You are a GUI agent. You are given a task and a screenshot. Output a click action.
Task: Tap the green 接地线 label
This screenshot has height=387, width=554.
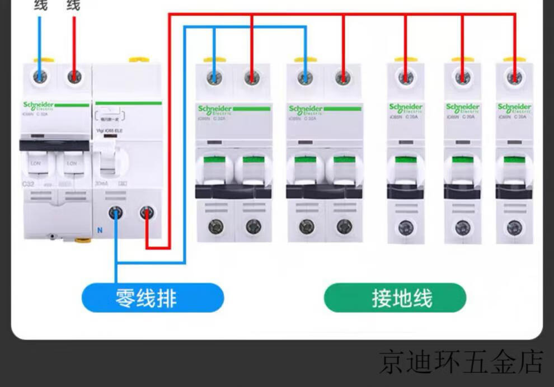tap(395, 298)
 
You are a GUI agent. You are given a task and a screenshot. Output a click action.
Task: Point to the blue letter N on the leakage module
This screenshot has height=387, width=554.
tap(100, 230)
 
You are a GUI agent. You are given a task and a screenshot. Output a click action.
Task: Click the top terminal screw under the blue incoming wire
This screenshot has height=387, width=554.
tap(40, 77)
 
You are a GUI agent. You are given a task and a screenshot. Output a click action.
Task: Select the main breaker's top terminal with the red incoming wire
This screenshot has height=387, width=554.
tap(74, 77)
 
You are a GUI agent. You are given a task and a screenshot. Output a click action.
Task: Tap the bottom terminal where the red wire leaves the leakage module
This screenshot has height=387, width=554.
tap(147, 212)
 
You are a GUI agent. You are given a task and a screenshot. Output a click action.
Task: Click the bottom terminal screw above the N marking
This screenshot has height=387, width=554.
tap(116, 212)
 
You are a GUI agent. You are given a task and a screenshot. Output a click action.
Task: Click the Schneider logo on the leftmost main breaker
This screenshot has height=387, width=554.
tap(39, 105)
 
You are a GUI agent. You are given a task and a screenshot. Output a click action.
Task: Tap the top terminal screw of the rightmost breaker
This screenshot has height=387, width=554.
tap(514, 77)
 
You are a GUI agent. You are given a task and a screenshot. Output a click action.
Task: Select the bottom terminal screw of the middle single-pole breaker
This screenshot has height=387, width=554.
tap(462, 228)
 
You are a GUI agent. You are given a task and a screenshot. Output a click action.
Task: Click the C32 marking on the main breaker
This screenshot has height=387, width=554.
tap(29, 183)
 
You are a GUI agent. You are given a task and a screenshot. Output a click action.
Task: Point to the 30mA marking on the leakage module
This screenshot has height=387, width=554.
tap(101, 183)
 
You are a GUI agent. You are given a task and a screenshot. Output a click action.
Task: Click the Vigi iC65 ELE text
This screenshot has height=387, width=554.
tap(110, 131)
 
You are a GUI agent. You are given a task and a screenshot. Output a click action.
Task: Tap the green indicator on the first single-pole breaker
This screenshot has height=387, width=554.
tap(406, 159)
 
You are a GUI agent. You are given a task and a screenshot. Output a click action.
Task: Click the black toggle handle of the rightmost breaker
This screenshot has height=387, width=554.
tap(514, 192)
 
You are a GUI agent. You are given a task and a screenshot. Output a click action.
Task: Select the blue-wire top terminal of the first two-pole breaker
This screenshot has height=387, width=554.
tap(214, 78)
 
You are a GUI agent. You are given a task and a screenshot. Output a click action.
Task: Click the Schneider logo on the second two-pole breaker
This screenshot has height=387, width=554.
tap(306, 108)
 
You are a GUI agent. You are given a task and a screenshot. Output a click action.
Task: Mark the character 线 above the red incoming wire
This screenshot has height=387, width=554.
tap(73, 6)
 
